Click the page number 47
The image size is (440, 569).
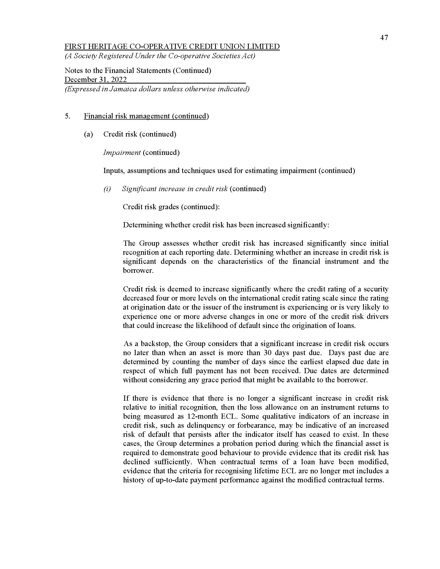[384, 38]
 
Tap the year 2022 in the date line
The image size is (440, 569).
[119, 79]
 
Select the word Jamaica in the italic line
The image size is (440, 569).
[122, 89]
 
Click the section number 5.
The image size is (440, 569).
[67, 116]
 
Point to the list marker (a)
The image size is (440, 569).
[89, 134]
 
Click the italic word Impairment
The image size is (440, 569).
[122, 152]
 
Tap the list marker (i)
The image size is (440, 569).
[107, 189]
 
